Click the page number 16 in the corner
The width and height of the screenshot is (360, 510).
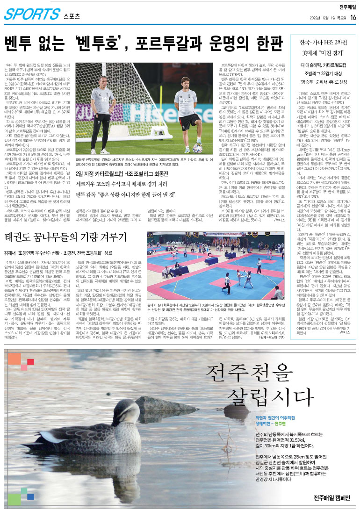[353, 17]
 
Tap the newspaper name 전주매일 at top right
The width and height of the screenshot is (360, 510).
[348, 6]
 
